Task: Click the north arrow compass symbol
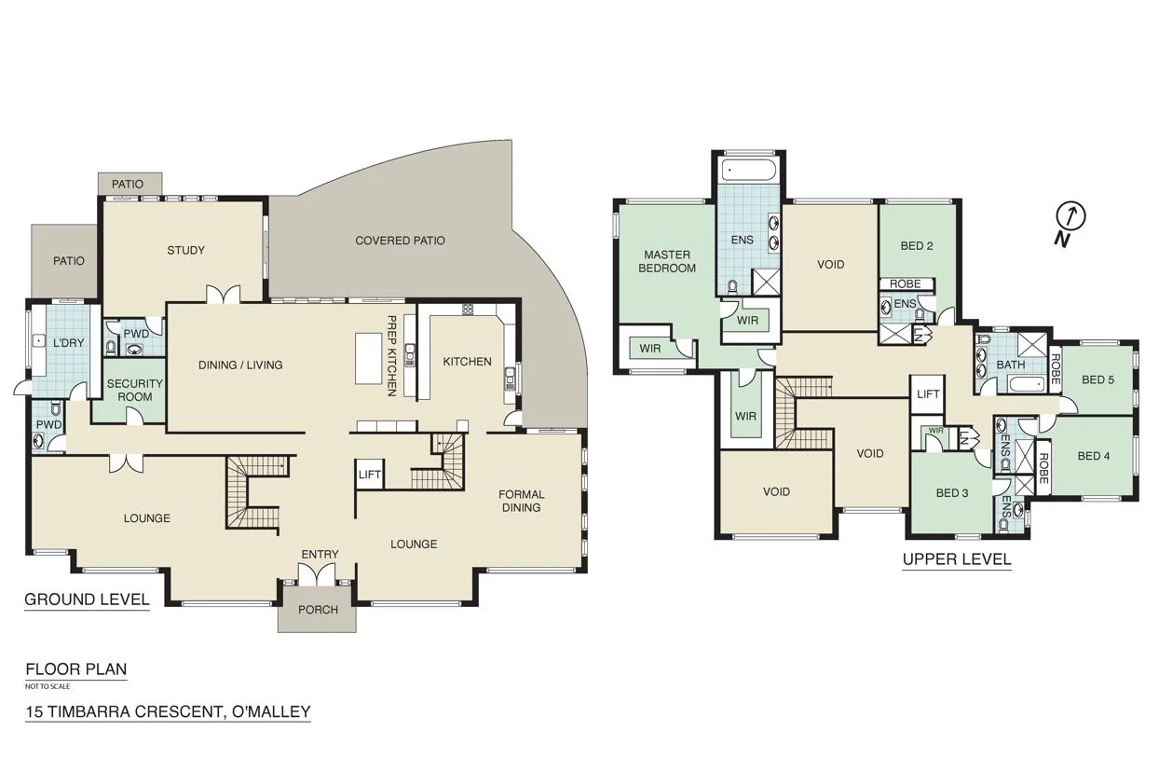1070,218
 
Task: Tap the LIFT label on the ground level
369,475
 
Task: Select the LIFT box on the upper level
928,394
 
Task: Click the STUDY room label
185,250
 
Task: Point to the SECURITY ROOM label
134,390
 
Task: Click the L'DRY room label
68,343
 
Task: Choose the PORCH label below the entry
317,610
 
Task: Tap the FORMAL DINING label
521,501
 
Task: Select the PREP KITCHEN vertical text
392,355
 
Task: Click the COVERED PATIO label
400,241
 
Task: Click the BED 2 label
917,246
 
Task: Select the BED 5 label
1098,379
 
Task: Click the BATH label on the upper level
1010,365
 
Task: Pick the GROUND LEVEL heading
87,600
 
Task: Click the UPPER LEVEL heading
956,559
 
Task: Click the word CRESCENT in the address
176,712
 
